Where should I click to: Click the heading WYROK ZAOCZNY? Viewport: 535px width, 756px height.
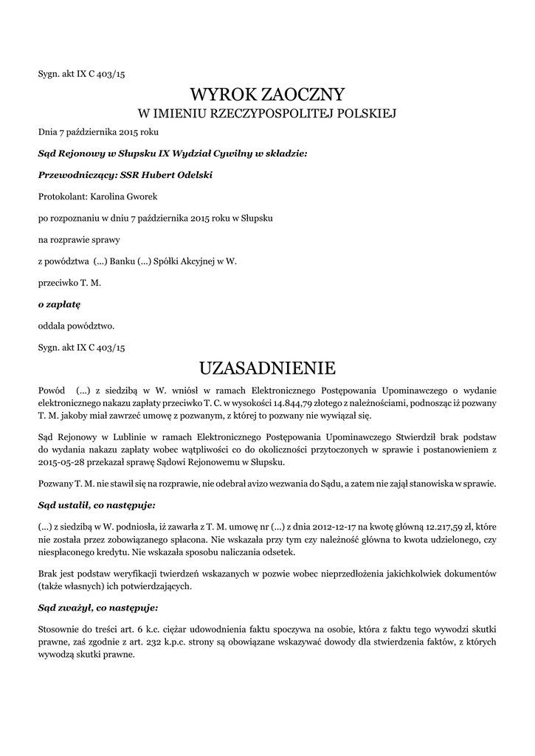click(x=267, y=94)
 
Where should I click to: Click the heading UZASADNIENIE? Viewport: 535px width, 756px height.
click(x=267, y=368)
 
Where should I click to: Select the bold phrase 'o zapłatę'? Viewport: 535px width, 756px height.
click(x=59, y=303)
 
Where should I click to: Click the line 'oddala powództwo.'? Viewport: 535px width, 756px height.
click(x=76, y=325)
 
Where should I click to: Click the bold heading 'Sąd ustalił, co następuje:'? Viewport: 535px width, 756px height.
click(x=97, y=505)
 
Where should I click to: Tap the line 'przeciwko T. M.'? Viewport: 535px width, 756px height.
click(x=69, y=282)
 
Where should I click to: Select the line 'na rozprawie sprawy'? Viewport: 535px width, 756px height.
click(x=79, y=239)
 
